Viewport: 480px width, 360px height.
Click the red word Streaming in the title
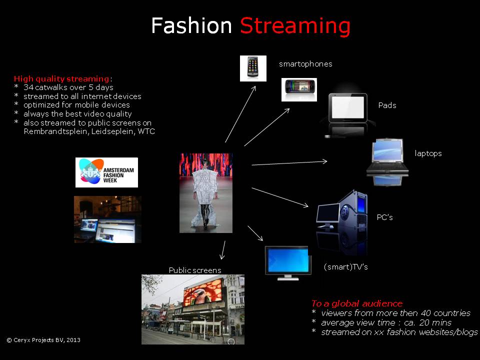pos(295,26)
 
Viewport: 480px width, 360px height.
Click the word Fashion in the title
pos(191,25)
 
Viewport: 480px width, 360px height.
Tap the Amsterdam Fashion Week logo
pos(106,172)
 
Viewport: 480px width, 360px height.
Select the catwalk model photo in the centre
pos(206,193)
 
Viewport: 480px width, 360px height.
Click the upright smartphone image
pos(253,68)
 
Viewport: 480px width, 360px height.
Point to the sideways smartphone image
pos(299,89)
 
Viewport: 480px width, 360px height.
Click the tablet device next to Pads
pos(348,108)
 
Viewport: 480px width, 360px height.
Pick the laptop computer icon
pos(387,156)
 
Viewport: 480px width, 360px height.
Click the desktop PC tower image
pos(352,211)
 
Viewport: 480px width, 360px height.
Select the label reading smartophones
pos(305,64)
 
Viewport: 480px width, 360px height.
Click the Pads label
pos(387,105)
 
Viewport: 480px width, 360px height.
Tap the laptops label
pos(428,153)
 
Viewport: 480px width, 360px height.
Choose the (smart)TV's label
pos(345,267)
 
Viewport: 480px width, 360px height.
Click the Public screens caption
pos(195,270)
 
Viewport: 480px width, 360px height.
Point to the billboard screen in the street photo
pos(202,292)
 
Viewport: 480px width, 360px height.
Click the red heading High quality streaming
pos(61,79)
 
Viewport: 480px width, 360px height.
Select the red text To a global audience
pos(357,303)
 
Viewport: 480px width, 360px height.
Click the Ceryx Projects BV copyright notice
pos(43,340)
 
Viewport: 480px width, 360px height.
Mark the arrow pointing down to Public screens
pos(223,250)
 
